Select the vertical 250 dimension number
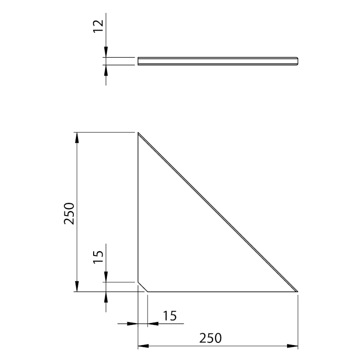(70, 213)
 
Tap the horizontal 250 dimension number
(211, 337)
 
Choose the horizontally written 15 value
(169, 316)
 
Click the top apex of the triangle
(138, 133)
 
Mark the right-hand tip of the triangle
(297, 291)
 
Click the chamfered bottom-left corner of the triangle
(143, 287)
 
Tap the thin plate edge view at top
(218, 61)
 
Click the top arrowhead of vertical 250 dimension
(77, 137)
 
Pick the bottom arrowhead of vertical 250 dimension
(77, 287)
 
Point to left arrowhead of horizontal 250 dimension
(143, 346)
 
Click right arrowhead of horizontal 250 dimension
(293, 346)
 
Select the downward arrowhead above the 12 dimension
(106, 53)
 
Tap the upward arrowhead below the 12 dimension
(106, 69)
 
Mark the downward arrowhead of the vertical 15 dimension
(106, 278)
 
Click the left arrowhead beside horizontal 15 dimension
(133, 323)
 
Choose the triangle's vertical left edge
(138, 207)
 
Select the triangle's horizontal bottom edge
(220, 292)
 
